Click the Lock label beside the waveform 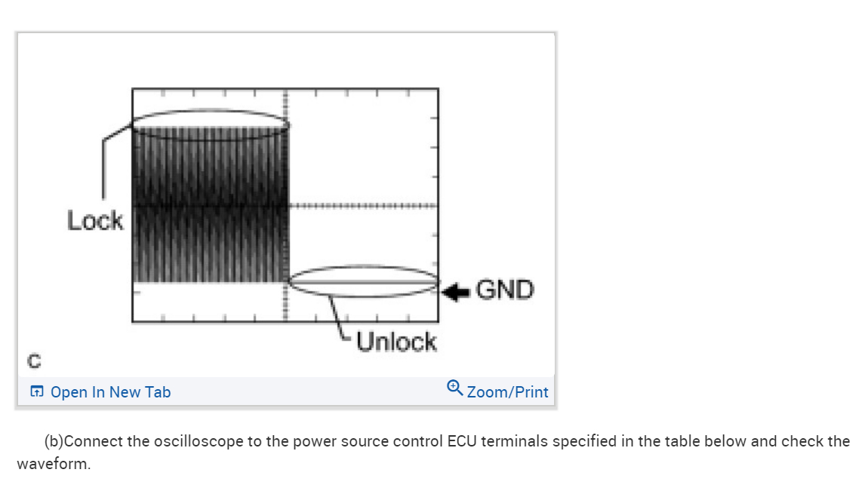pos(95,221)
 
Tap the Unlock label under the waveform pos(396,342)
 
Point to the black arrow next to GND pos(455,291)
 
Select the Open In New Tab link pos(110,392)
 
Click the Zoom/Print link pos(507,392)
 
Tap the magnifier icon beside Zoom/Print pos(454,388)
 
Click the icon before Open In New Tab pos(36,392)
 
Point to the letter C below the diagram pos(34,361)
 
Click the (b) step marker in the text pos(54,441)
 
